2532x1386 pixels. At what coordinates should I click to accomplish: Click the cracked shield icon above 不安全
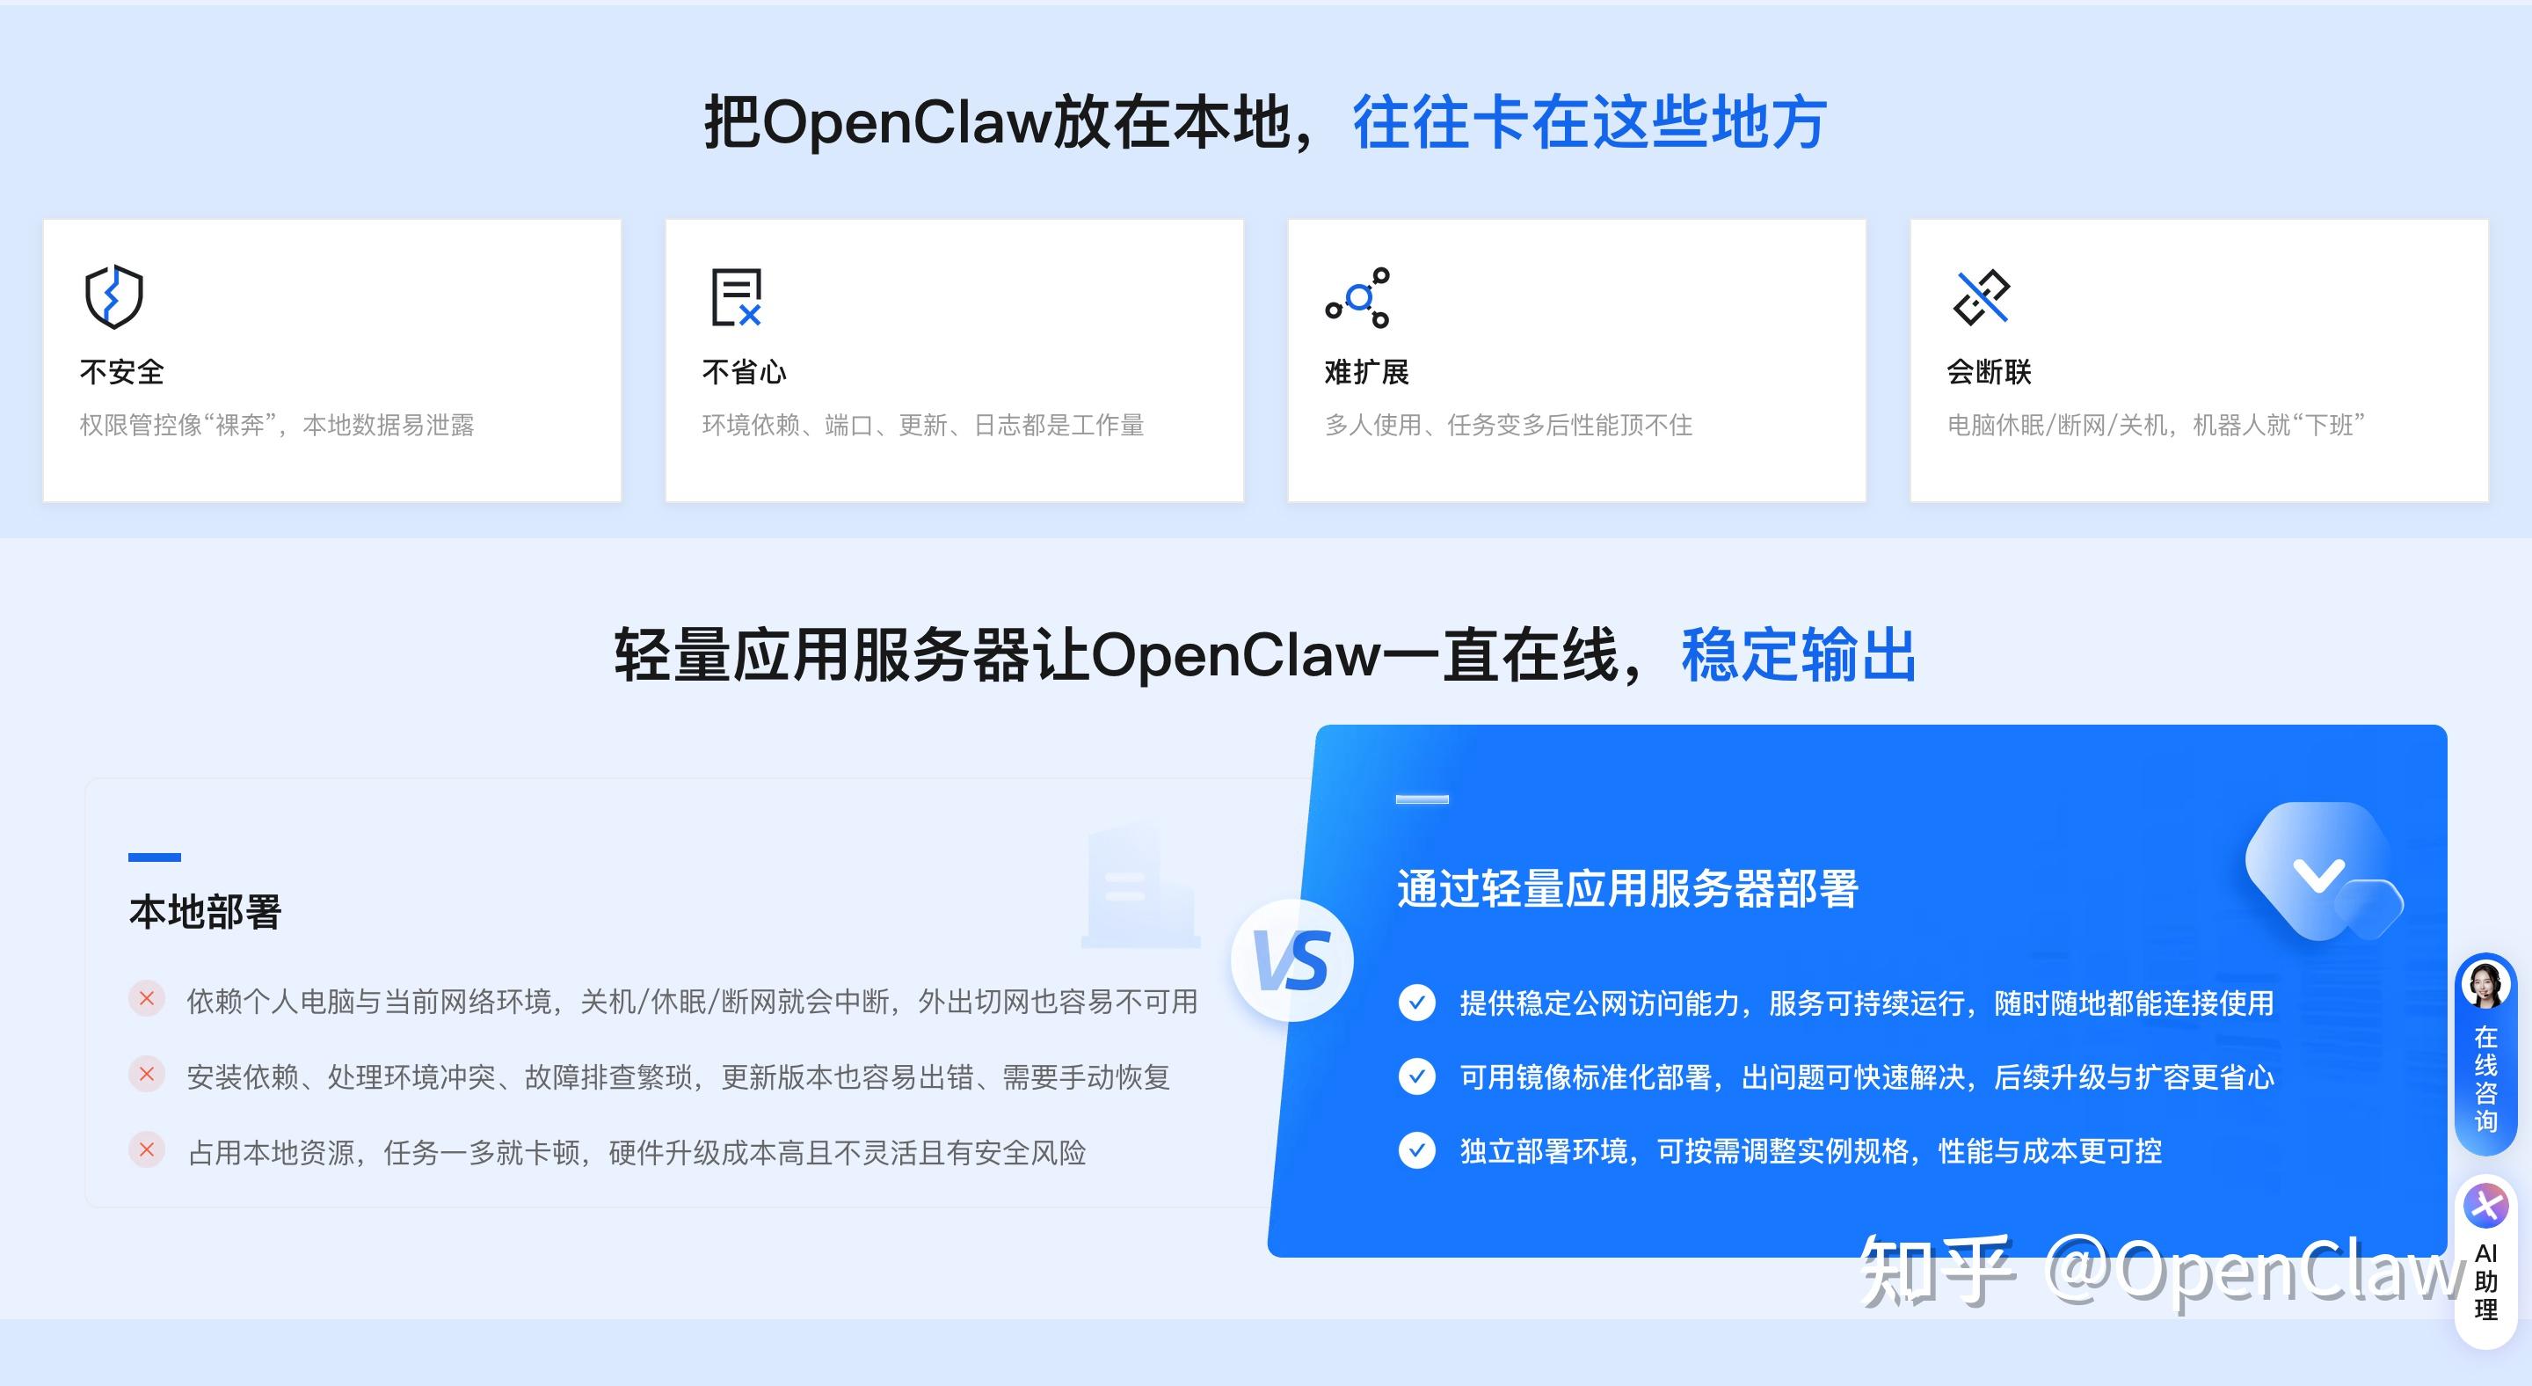(114, 295)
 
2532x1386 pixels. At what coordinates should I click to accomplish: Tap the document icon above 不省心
(736, 295)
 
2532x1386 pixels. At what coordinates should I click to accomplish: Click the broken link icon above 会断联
(1981, 295)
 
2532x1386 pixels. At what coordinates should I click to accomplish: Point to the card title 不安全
(122, 372)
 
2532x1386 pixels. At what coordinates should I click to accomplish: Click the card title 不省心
(744, 372)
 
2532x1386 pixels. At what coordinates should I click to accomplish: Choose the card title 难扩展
(1366, 372)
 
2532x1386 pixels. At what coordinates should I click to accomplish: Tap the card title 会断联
(1989, 372)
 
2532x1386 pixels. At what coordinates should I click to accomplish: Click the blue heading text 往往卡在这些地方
(1590, 123)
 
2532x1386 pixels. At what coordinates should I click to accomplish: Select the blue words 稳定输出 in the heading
(1799, 654)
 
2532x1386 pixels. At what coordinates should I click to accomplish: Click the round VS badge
(1291, 960)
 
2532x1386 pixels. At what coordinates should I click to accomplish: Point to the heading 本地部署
(206, 911)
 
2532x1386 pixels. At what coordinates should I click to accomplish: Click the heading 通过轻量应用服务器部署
(1626, 888)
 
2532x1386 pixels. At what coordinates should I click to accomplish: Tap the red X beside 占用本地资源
(147, 1149)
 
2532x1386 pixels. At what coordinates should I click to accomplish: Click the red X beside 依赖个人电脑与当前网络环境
(147, 999)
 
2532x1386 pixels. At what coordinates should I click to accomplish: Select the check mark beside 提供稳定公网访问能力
(1416, 1003)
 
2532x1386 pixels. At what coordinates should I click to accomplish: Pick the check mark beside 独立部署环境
(1416, 1150)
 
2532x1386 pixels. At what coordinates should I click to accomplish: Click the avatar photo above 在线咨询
(2485, 985)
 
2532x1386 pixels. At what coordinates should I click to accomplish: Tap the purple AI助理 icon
(2485, 1205)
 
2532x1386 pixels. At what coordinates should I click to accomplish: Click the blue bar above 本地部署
(155, 857)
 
